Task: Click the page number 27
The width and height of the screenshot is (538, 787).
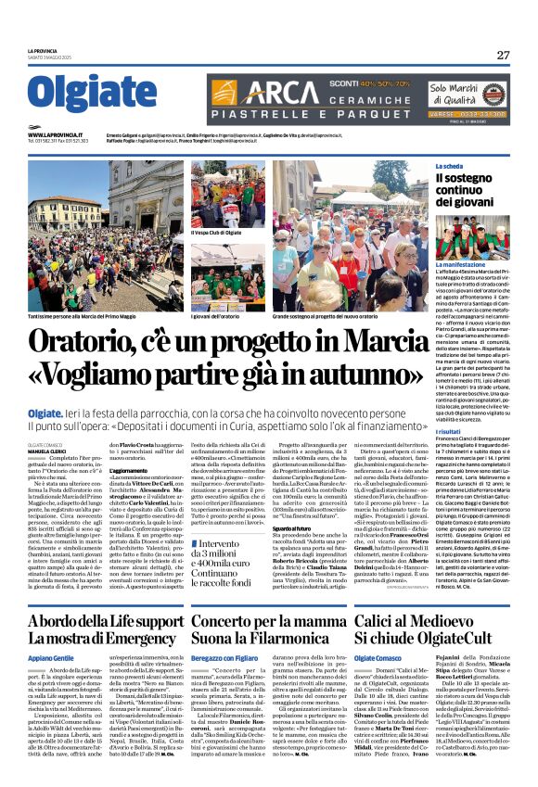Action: pos(502,55)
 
